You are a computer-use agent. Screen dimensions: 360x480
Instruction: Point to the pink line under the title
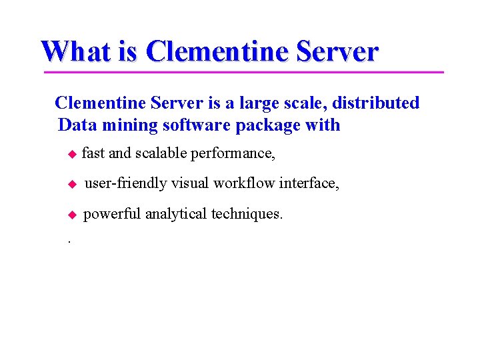click(243, 71)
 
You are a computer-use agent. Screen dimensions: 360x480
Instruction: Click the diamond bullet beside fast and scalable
click(73, 154)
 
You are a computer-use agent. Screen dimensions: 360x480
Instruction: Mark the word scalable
click(161, 153)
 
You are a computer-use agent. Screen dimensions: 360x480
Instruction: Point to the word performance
click(232, 154)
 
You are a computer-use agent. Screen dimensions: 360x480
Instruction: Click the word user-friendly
click(125, 183)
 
